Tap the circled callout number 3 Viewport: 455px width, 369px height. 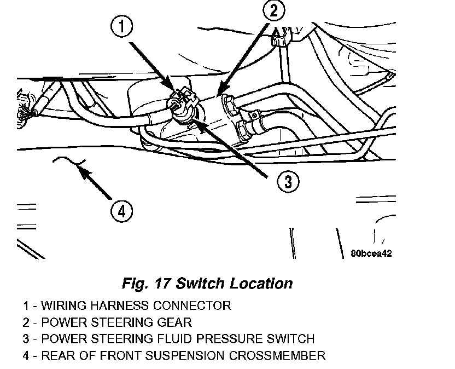click(x=287, y=181)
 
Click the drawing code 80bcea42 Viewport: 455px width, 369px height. click(x=371, y=253)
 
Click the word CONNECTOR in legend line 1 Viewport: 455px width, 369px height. click(x=196, y=305)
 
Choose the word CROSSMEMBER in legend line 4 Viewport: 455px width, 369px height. click(x=278, y=356)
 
